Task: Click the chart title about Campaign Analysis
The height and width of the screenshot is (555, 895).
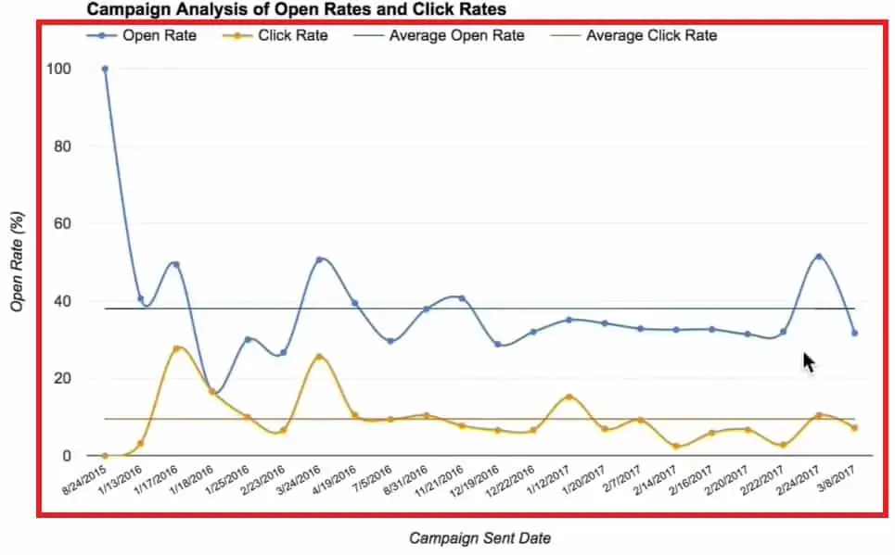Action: point(297,9)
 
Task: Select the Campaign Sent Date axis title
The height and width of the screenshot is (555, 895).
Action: point(473,536)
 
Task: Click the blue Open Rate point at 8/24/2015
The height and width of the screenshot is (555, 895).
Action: point(105,69)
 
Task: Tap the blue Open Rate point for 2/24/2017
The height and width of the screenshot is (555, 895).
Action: point(818,257)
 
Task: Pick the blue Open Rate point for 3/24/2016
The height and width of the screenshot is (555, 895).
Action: point(319,259)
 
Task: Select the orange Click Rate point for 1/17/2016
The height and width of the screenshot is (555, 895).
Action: point(176,348)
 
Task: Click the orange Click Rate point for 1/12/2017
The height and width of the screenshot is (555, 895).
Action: point(569,397)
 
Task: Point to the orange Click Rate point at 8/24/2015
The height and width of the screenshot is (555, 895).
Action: point(105,456)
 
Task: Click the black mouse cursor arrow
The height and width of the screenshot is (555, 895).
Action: point(809,361)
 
